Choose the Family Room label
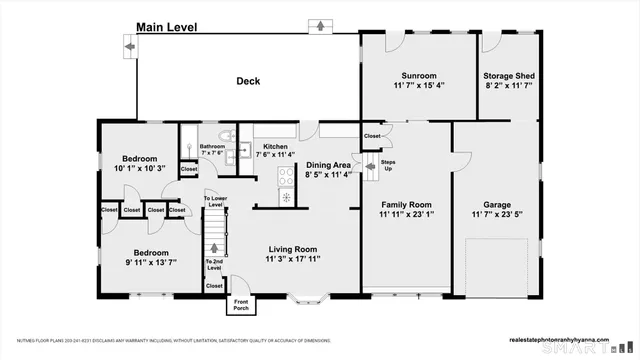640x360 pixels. coord(406,203)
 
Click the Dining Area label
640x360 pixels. coord(328,165)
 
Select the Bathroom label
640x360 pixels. coord(212,146)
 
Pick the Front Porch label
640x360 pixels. coord(241,304)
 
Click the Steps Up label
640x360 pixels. coord(388,165)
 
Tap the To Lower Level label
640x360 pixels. coord(214,202)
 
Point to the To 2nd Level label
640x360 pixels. coord(214,264)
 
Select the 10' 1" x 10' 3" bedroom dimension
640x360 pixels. coord(138,168)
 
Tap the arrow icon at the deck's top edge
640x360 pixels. coord(320,24)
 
